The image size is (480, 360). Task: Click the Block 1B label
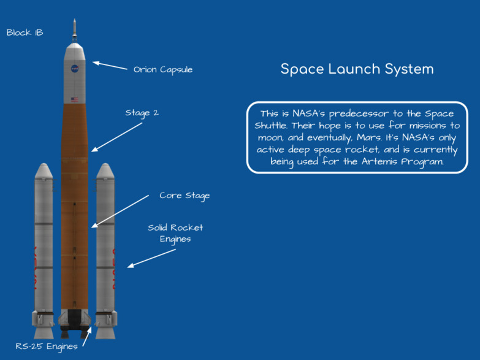25,33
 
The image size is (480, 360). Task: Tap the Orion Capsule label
163,69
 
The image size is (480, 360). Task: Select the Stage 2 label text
142,113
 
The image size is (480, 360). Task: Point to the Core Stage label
185,196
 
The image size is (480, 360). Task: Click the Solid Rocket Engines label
175,233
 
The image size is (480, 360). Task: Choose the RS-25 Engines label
47,347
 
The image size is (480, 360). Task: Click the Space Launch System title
357,69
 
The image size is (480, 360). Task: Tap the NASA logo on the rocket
75,68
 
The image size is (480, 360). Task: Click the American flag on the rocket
75,99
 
